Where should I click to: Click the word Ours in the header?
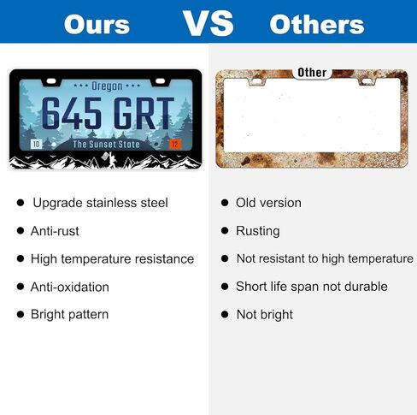(x=97, y=25)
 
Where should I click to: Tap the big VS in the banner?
(x=208, y=23)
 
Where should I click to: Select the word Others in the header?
(x=317, y=25)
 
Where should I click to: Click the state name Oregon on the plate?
(x=107, y=86)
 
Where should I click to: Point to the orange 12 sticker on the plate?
(x=175, y=144)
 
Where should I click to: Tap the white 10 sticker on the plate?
(x=36, y=144)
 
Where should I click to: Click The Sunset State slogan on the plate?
(x=107, y=145)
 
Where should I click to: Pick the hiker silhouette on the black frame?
(x=110, y=160)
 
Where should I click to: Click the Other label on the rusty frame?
(x=312, y=73)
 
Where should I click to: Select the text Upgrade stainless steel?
(x=100, y=203)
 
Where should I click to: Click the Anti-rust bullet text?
(x=55, y=231)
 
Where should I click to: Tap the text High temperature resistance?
(x=112, y=259)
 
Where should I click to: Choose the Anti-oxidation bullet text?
(x=70, y=287)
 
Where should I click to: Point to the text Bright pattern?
(x=70, y=315)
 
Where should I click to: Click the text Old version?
(x=268, y=203)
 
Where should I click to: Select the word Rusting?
(x=258, y=231)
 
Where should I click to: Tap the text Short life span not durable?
(x=312, y=287)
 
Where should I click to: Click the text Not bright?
(x=265, y=315)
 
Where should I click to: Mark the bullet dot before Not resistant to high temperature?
(x=225, y=258)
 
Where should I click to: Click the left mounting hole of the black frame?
(x=51, y=81)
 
